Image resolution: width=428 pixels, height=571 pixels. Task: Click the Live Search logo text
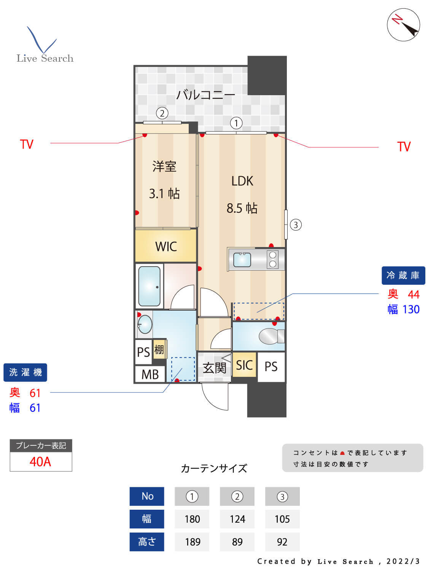click(45, 58)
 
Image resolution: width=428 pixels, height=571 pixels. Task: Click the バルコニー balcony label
click(205, 94)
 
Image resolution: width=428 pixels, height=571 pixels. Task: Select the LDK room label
click(242, 181)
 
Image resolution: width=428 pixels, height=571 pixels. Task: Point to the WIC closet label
click(166, 246)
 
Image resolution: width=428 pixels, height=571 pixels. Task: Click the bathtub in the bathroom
click(149, 286)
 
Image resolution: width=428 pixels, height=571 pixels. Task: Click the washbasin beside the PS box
click(145, 325)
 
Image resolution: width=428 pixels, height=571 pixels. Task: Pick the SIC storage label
click(244, 365)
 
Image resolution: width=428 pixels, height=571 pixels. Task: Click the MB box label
click(150, 375)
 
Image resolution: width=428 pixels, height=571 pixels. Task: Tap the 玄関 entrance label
click(214, 368)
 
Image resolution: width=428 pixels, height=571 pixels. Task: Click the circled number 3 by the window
click(296, 225)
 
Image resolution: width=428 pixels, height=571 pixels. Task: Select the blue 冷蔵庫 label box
click(403, 275)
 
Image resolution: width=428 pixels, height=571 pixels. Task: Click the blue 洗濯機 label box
click(25, 372)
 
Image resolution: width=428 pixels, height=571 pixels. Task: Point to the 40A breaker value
click(40, 461)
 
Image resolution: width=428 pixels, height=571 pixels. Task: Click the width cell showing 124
click(237, 519)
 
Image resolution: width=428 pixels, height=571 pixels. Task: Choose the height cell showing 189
click(192, 542)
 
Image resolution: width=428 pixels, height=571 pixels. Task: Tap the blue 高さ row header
click(147, 542)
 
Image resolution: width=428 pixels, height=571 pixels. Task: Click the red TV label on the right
click(404, 147)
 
